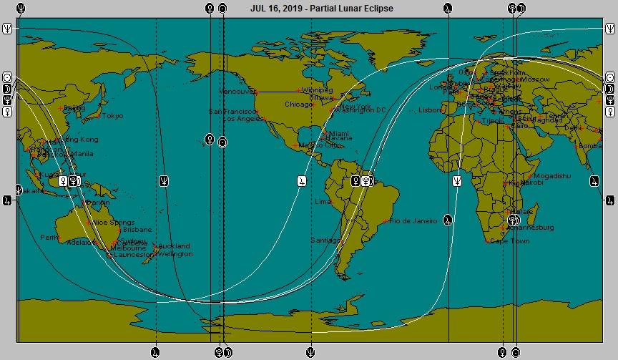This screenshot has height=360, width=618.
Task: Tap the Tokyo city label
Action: (112, 116)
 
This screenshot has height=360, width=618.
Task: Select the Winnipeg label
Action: (318, 91)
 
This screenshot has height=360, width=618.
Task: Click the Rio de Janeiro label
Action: (413, 221)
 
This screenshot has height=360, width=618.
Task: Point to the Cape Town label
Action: (509, 241)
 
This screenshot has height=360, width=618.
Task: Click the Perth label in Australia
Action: (49, 237)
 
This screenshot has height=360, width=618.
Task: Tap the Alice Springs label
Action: (113, 223)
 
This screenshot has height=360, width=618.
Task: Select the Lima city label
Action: (323, 202)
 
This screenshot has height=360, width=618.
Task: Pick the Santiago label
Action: (325, 240)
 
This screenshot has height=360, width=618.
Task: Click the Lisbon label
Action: (431, 110)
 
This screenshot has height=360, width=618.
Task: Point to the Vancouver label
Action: (237, 92)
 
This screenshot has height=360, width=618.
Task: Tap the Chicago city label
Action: (298, 104)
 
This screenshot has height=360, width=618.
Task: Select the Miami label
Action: (339, 133)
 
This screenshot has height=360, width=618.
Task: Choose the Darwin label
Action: (99, 203)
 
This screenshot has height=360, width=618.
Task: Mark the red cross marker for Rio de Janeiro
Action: (386, 221)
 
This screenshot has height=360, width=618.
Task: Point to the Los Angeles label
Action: (243, 119)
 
